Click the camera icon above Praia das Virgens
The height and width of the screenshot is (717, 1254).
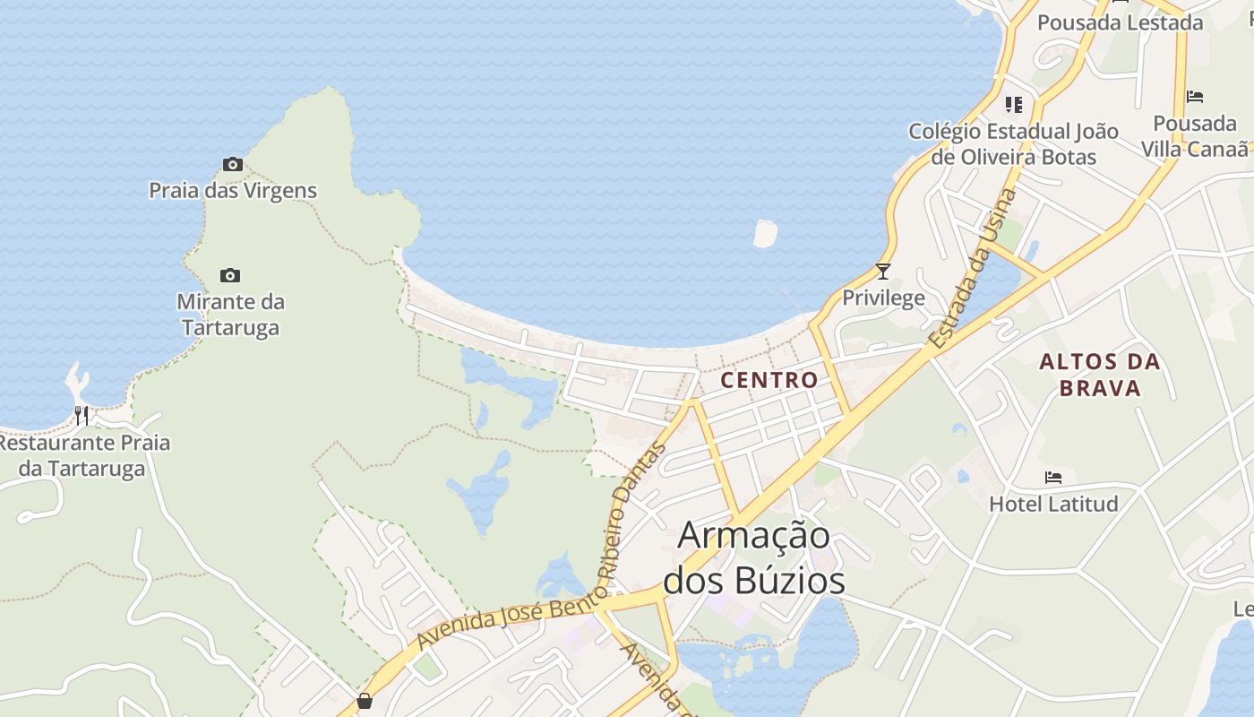(233, 164)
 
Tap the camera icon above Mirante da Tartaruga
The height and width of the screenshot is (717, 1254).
(230, 275)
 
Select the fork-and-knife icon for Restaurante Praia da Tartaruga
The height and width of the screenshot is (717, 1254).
(82, 415)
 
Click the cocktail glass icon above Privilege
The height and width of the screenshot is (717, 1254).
(883, 271)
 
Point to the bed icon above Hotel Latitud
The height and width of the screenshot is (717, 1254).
(1053, 478)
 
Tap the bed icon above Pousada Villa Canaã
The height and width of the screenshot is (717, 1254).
(1195, 97)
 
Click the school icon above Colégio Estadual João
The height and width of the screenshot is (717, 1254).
(1014, 105)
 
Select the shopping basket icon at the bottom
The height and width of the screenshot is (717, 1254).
(365, 701)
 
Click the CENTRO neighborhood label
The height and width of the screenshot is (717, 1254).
(769, 380)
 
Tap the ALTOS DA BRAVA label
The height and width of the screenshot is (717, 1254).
(1100, 375)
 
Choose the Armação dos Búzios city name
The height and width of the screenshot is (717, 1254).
(754, 557)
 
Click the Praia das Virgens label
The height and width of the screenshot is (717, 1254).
(233, 190)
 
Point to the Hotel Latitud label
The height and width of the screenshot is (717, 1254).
(1053, 504)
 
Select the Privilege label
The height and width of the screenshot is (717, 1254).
(883, 298)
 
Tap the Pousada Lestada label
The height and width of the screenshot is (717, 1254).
(1120, 22)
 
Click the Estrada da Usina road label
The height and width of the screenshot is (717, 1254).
(974, 269)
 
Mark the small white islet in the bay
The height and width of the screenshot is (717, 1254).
(765, 233)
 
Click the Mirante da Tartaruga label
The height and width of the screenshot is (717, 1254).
(231, 315)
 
